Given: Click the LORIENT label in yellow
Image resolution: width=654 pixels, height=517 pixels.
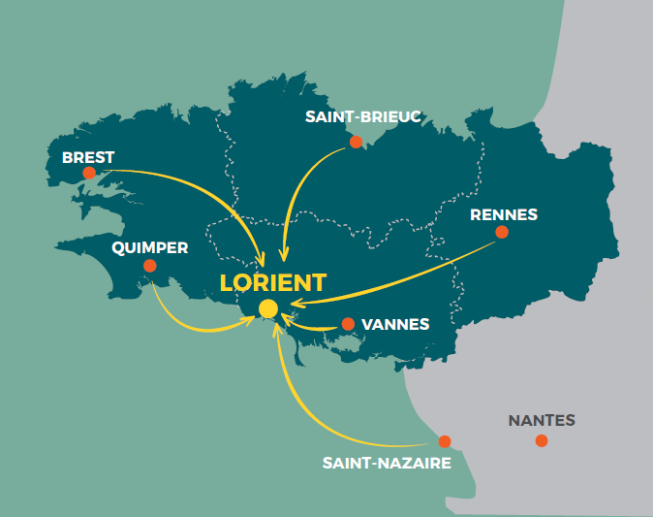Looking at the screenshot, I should [273, 282].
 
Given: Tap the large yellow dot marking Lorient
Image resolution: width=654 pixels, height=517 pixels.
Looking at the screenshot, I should [268, 308].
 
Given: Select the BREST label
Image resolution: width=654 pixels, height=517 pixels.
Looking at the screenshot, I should [88, 157].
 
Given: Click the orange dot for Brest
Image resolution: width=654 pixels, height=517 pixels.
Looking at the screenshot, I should [89, 173].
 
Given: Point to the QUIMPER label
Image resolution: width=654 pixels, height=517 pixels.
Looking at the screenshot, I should [149, 247].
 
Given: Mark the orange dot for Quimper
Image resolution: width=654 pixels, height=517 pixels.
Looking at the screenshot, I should [149, 266].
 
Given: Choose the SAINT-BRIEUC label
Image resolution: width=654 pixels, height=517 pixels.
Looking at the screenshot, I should [362, 116].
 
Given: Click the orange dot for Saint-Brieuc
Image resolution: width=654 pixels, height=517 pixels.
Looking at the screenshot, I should [356, 142].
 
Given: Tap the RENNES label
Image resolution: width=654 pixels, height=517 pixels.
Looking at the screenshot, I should [503, 214].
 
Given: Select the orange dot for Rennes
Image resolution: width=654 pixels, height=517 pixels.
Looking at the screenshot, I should [501, 232].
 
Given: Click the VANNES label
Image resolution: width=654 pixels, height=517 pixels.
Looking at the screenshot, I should [394, 324].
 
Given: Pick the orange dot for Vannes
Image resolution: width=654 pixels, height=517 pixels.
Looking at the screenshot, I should [348, 324].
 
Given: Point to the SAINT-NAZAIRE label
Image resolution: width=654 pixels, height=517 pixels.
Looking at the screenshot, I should [387, 463].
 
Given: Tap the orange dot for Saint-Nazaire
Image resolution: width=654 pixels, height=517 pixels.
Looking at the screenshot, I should [445, 440].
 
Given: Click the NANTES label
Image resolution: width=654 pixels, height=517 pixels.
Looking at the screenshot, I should [542, 421].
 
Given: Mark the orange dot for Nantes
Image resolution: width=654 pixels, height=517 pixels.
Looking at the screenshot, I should [541, 441].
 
